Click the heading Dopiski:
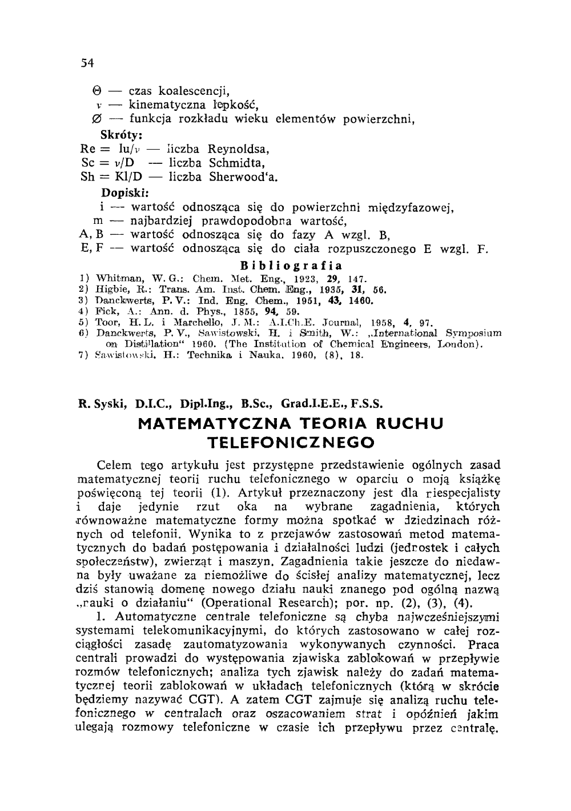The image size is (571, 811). pos(123,192)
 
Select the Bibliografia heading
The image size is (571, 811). pos(291,266)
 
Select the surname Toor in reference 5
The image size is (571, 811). pos(106,322)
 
